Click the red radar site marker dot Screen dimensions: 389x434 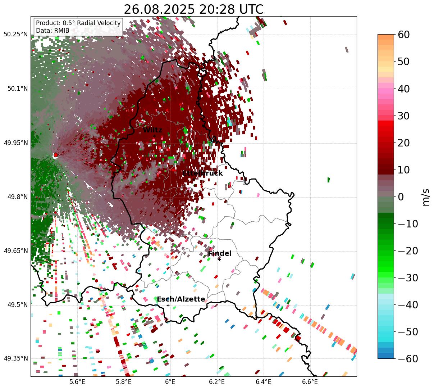(x=55, y=155)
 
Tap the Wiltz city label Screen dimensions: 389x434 (x=152, y=130)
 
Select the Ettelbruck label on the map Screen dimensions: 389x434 (x=202, y=173)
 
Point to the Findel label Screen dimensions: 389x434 (x=220, y=254)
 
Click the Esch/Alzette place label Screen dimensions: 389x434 (x=181, y=299)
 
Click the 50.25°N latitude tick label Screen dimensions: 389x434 (x=16, y=35)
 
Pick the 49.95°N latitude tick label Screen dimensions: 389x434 (x=16, y=143)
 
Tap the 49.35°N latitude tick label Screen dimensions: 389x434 (x=16, y=359)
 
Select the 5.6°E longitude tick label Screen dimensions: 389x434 (x=77, y=382)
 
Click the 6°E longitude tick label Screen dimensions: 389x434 (x=170, y=382)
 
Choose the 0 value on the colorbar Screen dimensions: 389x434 (x=401, y=197)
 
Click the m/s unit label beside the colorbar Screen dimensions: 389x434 (x=426, y=197)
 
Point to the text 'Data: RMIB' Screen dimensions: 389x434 (x=52, y=31)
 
